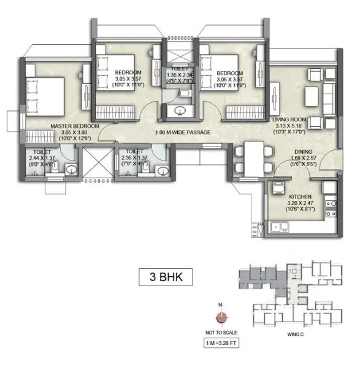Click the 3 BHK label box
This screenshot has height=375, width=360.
tap(161, 276)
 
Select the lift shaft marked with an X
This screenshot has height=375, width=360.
tap(99, 164)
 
